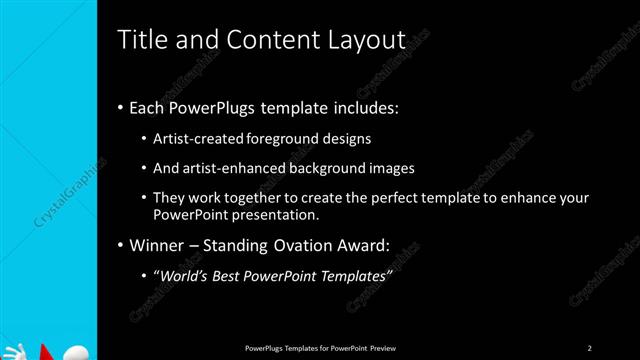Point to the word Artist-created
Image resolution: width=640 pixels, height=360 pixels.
[x=194, y=138]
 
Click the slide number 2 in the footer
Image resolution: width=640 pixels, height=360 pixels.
[x=589, y=347]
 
